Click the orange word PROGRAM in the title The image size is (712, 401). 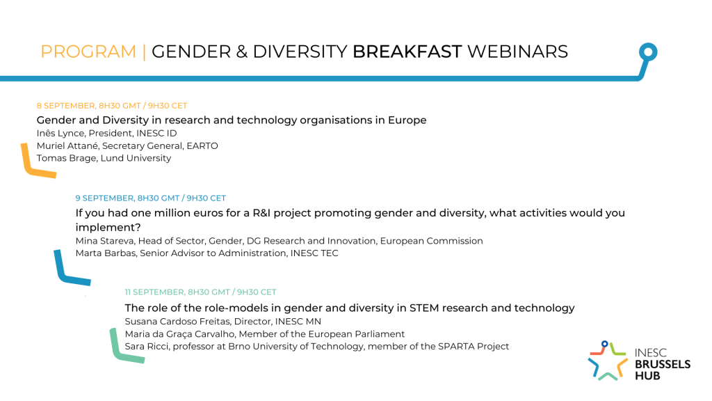(88, 52)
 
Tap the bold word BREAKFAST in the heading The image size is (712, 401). (407, 52)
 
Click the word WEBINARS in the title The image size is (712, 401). (517, 52)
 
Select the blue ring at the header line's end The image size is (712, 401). (648, 52)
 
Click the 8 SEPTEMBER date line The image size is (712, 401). (112, 106)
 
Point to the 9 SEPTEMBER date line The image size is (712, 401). (150, 198)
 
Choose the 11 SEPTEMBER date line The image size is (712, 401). (200, 292)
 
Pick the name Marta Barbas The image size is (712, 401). (106, 253)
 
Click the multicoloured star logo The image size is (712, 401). (608, 361)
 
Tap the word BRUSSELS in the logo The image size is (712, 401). (663, 364)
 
